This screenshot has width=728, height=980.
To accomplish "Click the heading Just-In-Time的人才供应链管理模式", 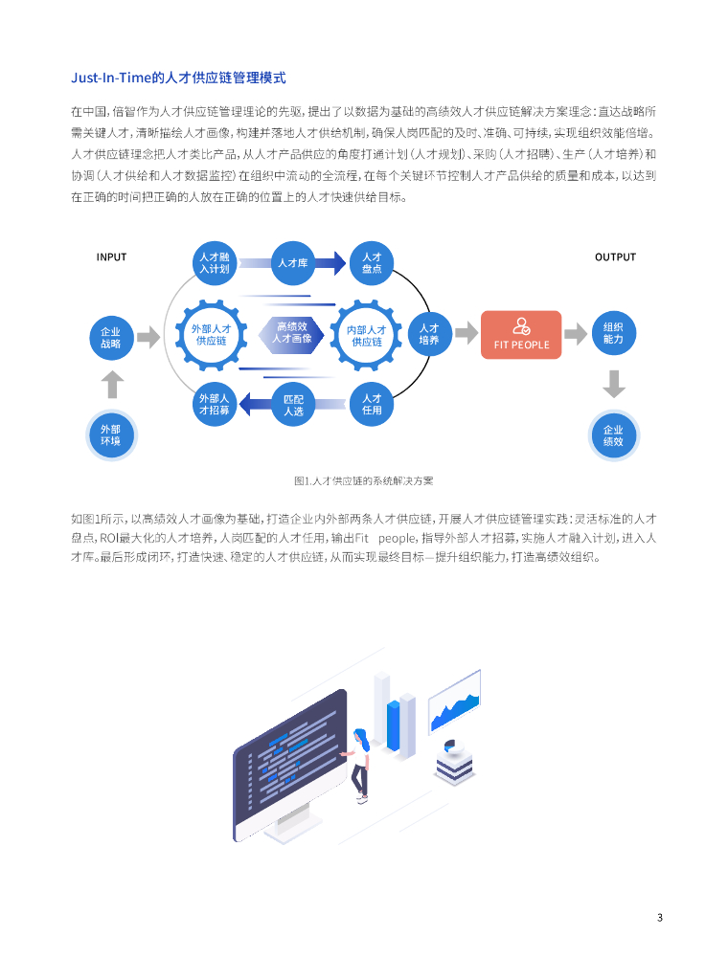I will [178, 78].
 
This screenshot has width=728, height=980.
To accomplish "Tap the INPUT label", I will [111, 256].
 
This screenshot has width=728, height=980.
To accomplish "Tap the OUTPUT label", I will [615, 256].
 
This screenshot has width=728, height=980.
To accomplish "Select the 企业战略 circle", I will [111, 337].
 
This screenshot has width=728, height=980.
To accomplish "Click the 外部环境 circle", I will [111, 434].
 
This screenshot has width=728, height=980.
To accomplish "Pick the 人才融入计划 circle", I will [214, 262].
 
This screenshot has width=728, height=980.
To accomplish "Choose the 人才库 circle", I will [292, 262].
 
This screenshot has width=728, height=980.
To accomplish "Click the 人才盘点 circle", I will [372, 262].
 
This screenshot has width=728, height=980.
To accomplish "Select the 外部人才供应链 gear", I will [212, 335].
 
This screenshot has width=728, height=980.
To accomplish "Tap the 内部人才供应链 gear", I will [367, 335].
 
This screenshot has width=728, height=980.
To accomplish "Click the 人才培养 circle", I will [429, 333].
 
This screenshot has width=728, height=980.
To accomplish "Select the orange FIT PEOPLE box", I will [521, 333].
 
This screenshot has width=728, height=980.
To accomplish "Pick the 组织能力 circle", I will [614, 333].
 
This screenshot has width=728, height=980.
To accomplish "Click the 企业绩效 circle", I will [614, 435].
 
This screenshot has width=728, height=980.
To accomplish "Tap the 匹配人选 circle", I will [293, 404].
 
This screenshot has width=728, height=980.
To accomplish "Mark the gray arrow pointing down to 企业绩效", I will [614, 384].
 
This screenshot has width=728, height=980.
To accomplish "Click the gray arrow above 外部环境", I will [112, 385].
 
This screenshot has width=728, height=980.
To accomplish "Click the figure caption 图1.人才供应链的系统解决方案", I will [364, 480].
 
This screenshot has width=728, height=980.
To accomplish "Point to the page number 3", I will [660, 918].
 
